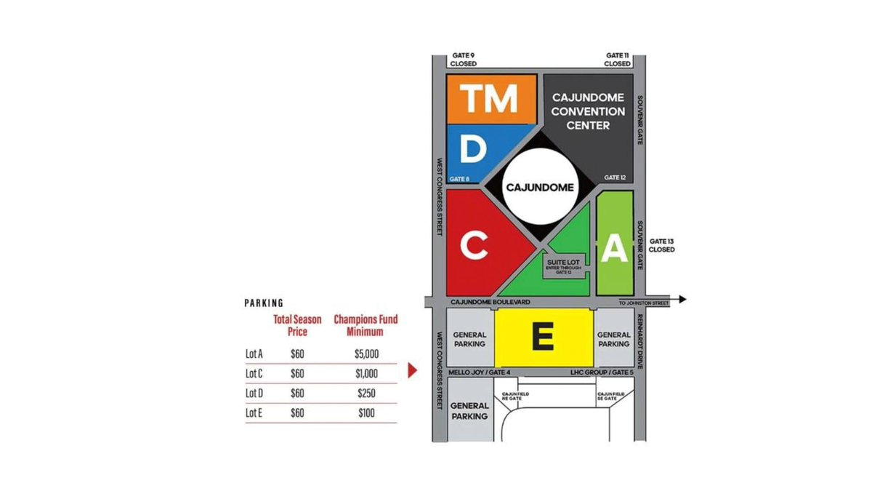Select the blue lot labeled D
tap(473, 151)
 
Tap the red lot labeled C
tap(474, 247)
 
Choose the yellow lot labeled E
tap(544, 337)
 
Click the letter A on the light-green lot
tap(615, 250)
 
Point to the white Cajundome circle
tap(539, 188)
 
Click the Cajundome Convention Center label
tap(588, 111)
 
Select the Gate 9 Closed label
tap(462, 60)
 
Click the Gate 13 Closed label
tap(662, 245)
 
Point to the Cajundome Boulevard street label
tap(489, 301)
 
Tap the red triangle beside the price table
tap(413, 371)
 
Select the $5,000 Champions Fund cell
tap(366, 354)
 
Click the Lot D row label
tap(254, 393)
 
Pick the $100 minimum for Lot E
tap(366, 413)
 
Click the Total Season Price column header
tap(291, 325)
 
